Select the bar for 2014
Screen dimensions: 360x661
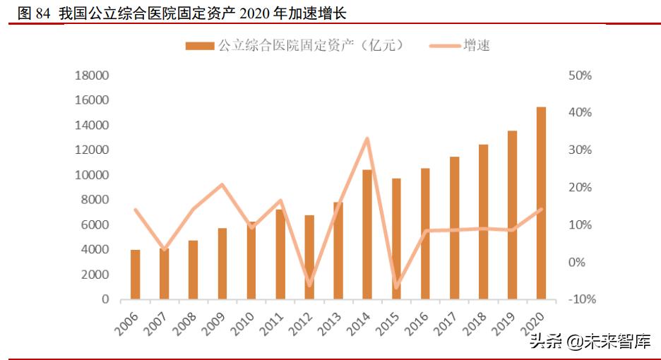pos(367,234)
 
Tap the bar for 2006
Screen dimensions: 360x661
pos(135,274)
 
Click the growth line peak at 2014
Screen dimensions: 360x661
pos(367,138)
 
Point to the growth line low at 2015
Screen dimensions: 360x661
pos(396,287)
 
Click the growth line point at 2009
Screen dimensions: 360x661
pos(222,185)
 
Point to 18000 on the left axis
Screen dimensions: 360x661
pos(92,76)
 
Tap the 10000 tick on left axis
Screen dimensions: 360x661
pos(92,175)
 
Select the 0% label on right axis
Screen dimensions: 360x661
pos(576,262)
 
